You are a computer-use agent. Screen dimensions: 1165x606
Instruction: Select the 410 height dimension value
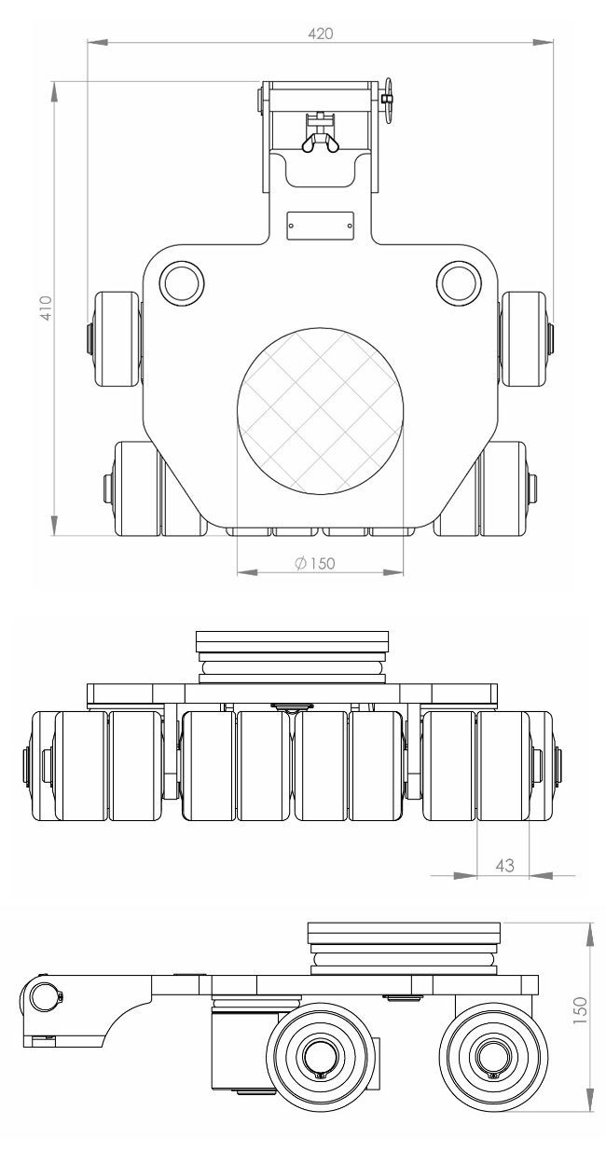pos(44,308)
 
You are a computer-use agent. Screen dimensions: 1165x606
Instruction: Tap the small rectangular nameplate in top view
pos(320,225)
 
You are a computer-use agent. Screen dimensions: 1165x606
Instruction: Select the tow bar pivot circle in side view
pos(43,996)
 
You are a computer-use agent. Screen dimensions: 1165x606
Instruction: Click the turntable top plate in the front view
pos(293,642)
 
